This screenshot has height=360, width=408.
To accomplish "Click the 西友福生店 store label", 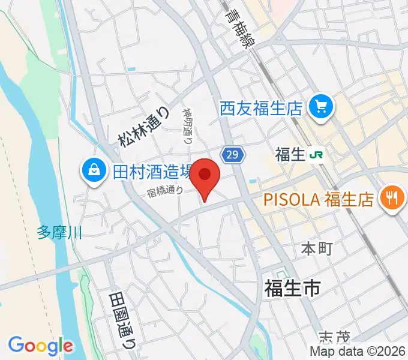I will pos(260,109).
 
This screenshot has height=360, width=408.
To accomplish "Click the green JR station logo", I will pos(316,155).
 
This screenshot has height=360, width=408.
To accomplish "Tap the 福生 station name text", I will pos(290,155).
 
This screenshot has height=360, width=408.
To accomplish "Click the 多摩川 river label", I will pos(59,232).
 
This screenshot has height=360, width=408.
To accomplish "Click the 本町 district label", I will pos(316,248).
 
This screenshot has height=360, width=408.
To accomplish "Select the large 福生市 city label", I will pos(292,288).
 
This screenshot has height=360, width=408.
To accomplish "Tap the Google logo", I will pos(40,346).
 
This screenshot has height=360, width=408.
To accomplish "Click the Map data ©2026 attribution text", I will pos(357,351).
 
